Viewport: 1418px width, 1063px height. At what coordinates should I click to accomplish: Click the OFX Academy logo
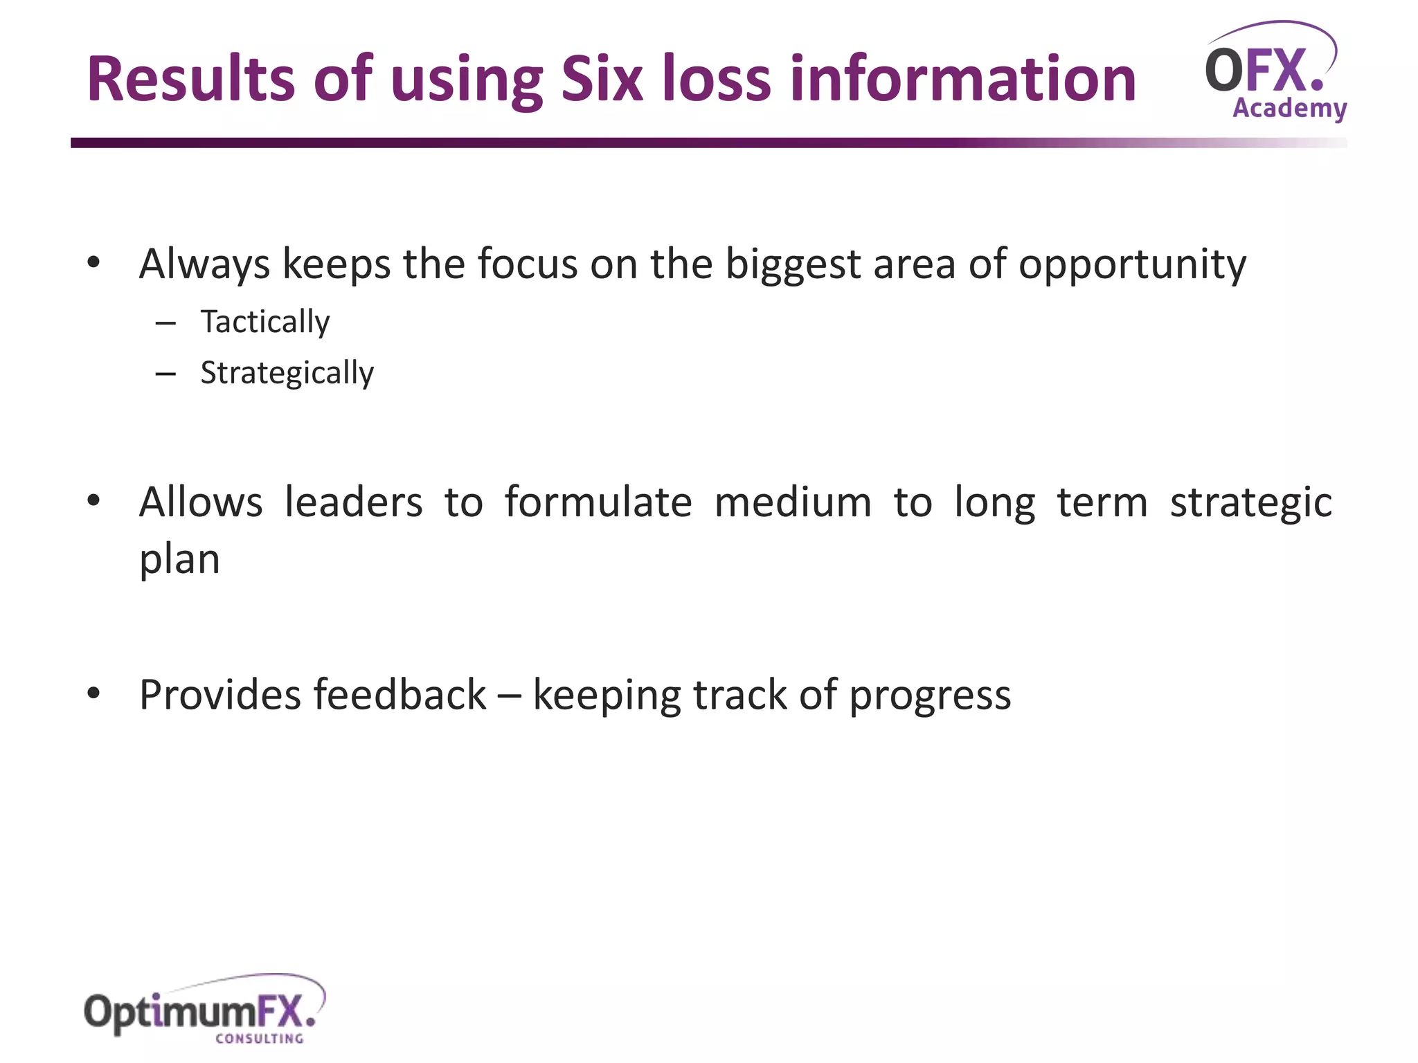1275,73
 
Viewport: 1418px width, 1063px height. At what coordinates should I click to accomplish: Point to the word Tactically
265,322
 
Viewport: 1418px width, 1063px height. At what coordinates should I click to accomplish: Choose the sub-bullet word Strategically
287,374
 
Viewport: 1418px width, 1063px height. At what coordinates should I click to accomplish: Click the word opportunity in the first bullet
1132,265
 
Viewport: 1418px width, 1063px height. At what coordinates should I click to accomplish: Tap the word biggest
792,265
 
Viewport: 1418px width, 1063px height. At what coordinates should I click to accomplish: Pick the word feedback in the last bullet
400,695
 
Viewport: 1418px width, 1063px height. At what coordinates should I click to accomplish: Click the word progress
930,696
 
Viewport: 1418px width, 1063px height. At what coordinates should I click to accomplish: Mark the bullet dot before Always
94,262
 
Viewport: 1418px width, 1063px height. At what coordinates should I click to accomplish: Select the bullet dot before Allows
94,500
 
